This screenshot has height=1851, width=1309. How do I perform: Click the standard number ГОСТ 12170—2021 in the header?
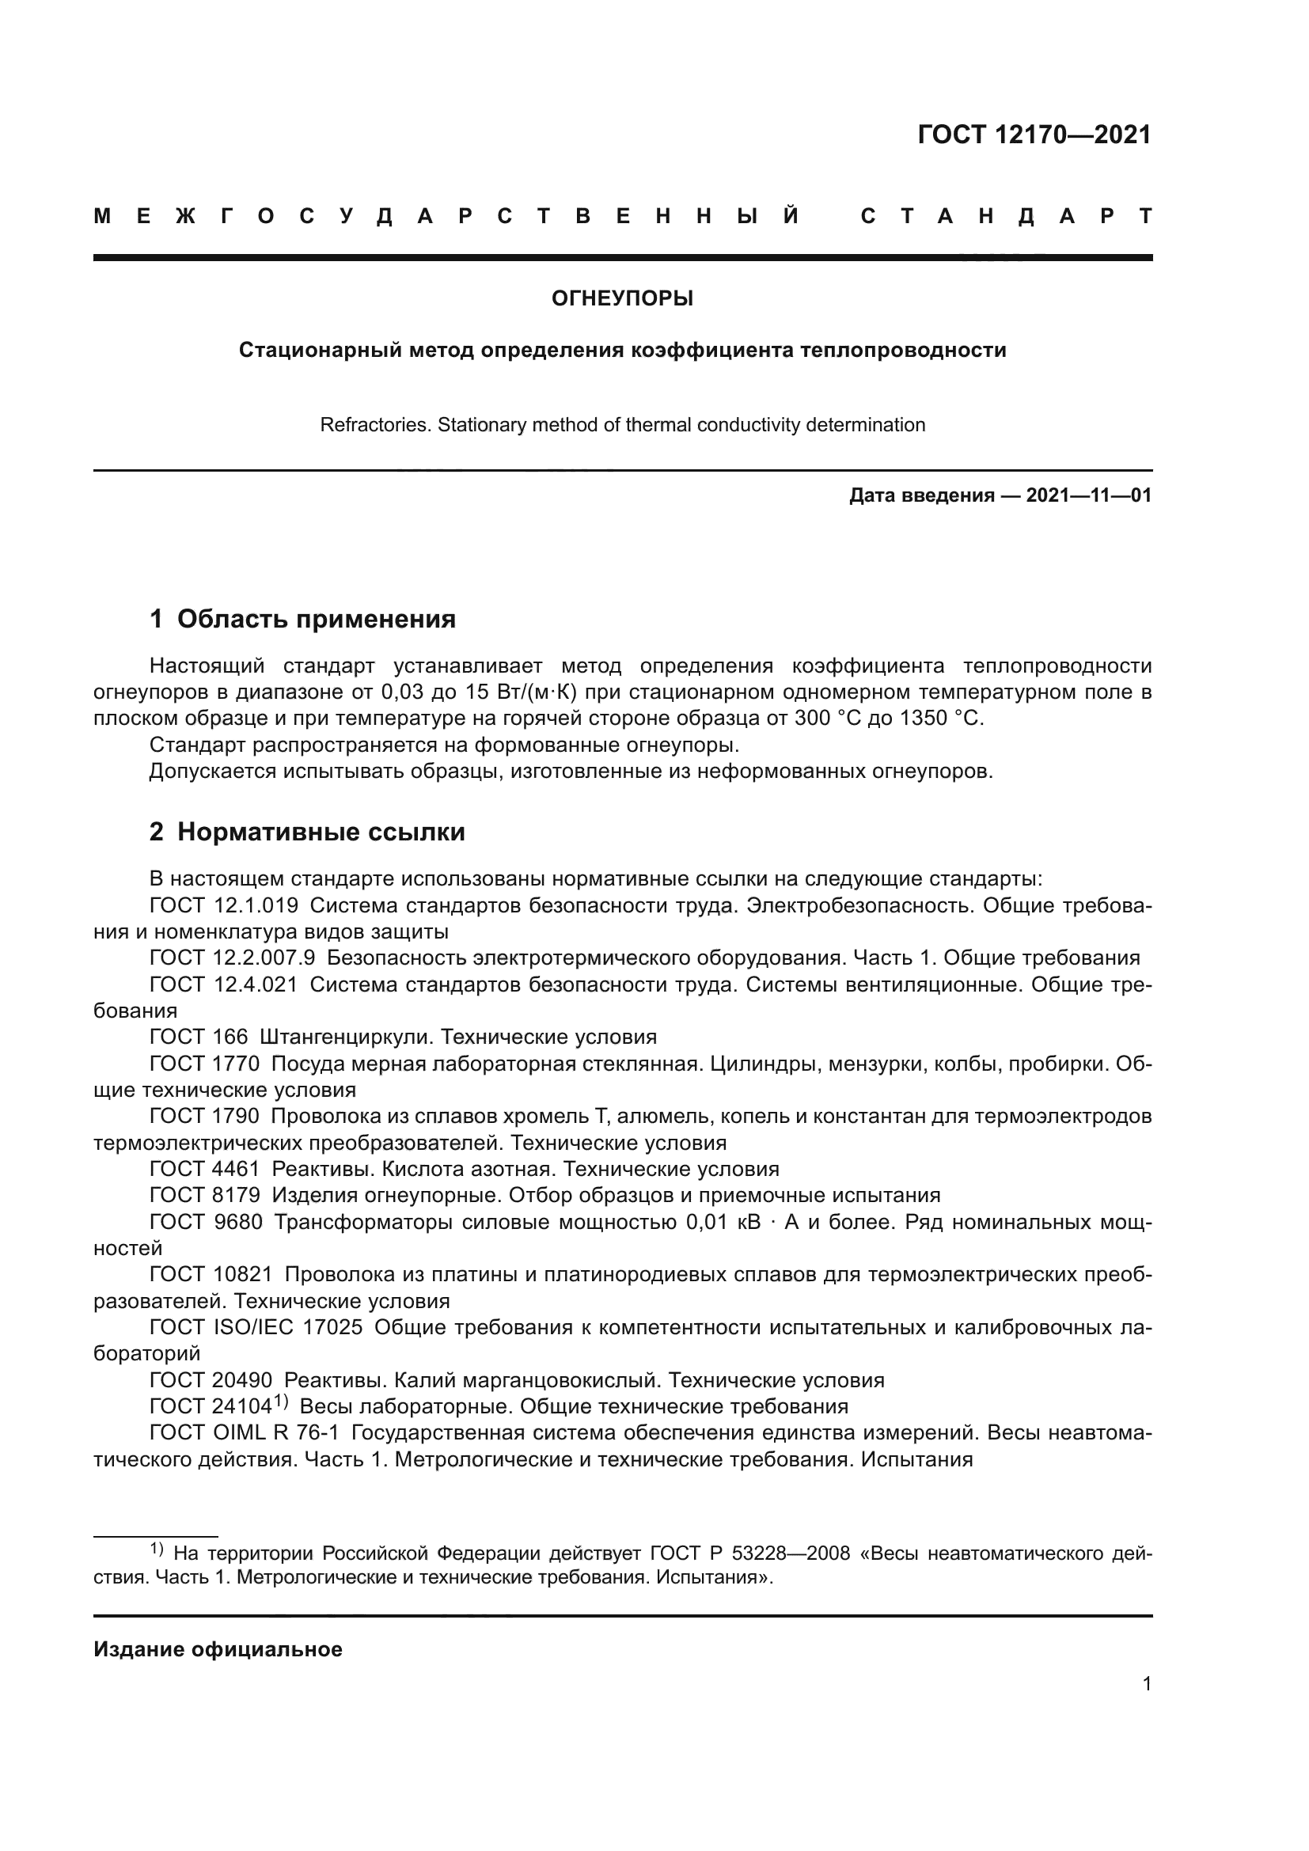click(x=1034, y=135)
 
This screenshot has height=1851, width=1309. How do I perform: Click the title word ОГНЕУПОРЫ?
click(x=622, y=299)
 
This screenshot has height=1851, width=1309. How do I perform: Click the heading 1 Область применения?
click(x=302, y=619)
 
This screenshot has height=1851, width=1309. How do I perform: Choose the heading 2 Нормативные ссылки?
click(x=307, y=832)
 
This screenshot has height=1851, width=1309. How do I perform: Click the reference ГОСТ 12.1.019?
click(x=223, y=905)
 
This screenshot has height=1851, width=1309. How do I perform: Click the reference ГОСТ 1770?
click(x=205, y=1064)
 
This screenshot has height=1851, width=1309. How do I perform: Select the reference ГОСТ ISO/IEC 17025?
click(x=256, y=1327)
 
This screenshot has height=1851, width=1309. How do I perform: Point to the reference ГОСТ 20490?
click(x=211, y=1380)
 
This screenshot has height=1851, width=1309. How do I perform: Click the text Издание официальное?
click(x=218, y=1649)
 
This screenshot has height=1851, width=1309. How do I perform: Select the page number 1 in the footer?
click(x=1146, y=1683)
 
